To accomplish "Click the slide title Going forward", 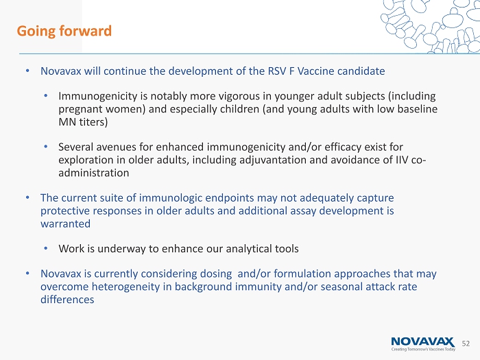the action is click(64, 32).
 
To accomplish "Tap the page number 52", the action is click(466, 344).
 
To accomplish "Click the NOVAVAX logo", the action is click(423, 342).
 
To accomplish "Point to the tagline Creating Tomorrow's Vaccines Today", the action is click(423, 349).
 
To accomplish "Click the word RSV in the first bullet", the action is click(277, 71).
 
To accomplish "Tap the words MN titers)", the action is click(83, 122).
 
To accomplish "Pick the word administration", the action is click(94, 173).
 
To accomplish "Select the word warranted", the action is click(65, 224).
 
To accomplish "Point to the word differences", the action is click(67, 300).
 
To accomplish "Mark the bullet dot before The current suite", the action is click(27, 197).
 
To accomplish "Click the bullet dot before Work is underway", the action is click(46, 248).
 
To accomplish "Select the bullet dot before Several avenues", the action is click(46, 147).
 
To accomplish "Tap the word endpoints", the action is click(229, 198).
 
